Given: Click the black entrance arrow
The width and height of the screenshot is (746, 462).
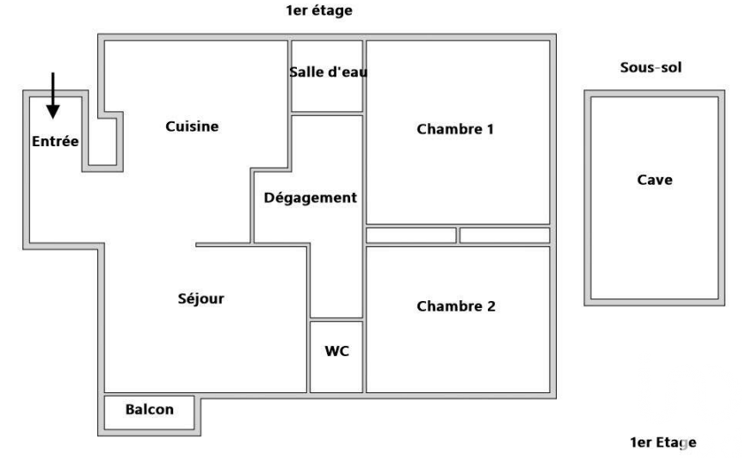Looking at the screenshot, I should coord(52,95).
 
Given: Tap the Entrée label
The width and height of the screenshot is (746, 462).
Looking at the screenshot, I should coord(54,141).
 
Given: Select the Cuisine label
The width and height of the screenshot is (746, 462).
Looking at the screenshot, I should coord(192,126).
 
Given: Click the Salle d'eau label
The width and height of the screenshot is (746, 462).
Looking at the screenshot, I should coord(328,72).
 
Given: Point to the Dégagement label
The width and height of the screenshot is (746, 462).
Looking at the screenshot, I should coord(310,198).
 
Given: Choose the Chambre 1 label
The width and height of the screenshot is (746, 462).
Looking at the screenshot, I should coord(455,130).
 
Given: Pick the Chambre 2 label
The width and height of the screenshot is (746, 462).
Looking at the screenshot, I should coord(455,306).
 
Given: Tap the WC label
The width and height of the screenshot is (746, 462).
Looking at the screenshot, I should coord(336,351).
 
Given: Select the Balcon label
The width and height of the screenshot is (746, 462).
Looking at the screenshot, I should coord(149,410).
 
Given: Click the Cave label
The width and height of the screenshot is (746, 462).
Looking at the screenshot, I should coord(655,180).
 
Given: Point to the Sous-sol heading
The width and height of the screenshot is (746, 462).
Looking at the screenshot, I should coord(650,67).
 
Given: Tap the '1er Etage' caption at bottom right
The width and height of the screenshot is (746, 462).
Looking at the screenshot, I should coord(663,442).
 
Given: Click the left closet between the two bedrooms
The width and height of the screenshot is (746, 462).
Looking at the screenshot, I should coord(411,236).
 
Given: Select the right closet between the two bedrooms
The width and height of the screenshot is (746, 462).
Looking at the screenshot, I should coord(504,236).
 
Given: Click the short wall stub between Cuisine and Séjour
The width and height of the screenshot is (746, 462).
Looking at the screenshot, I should coord(222,245).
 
